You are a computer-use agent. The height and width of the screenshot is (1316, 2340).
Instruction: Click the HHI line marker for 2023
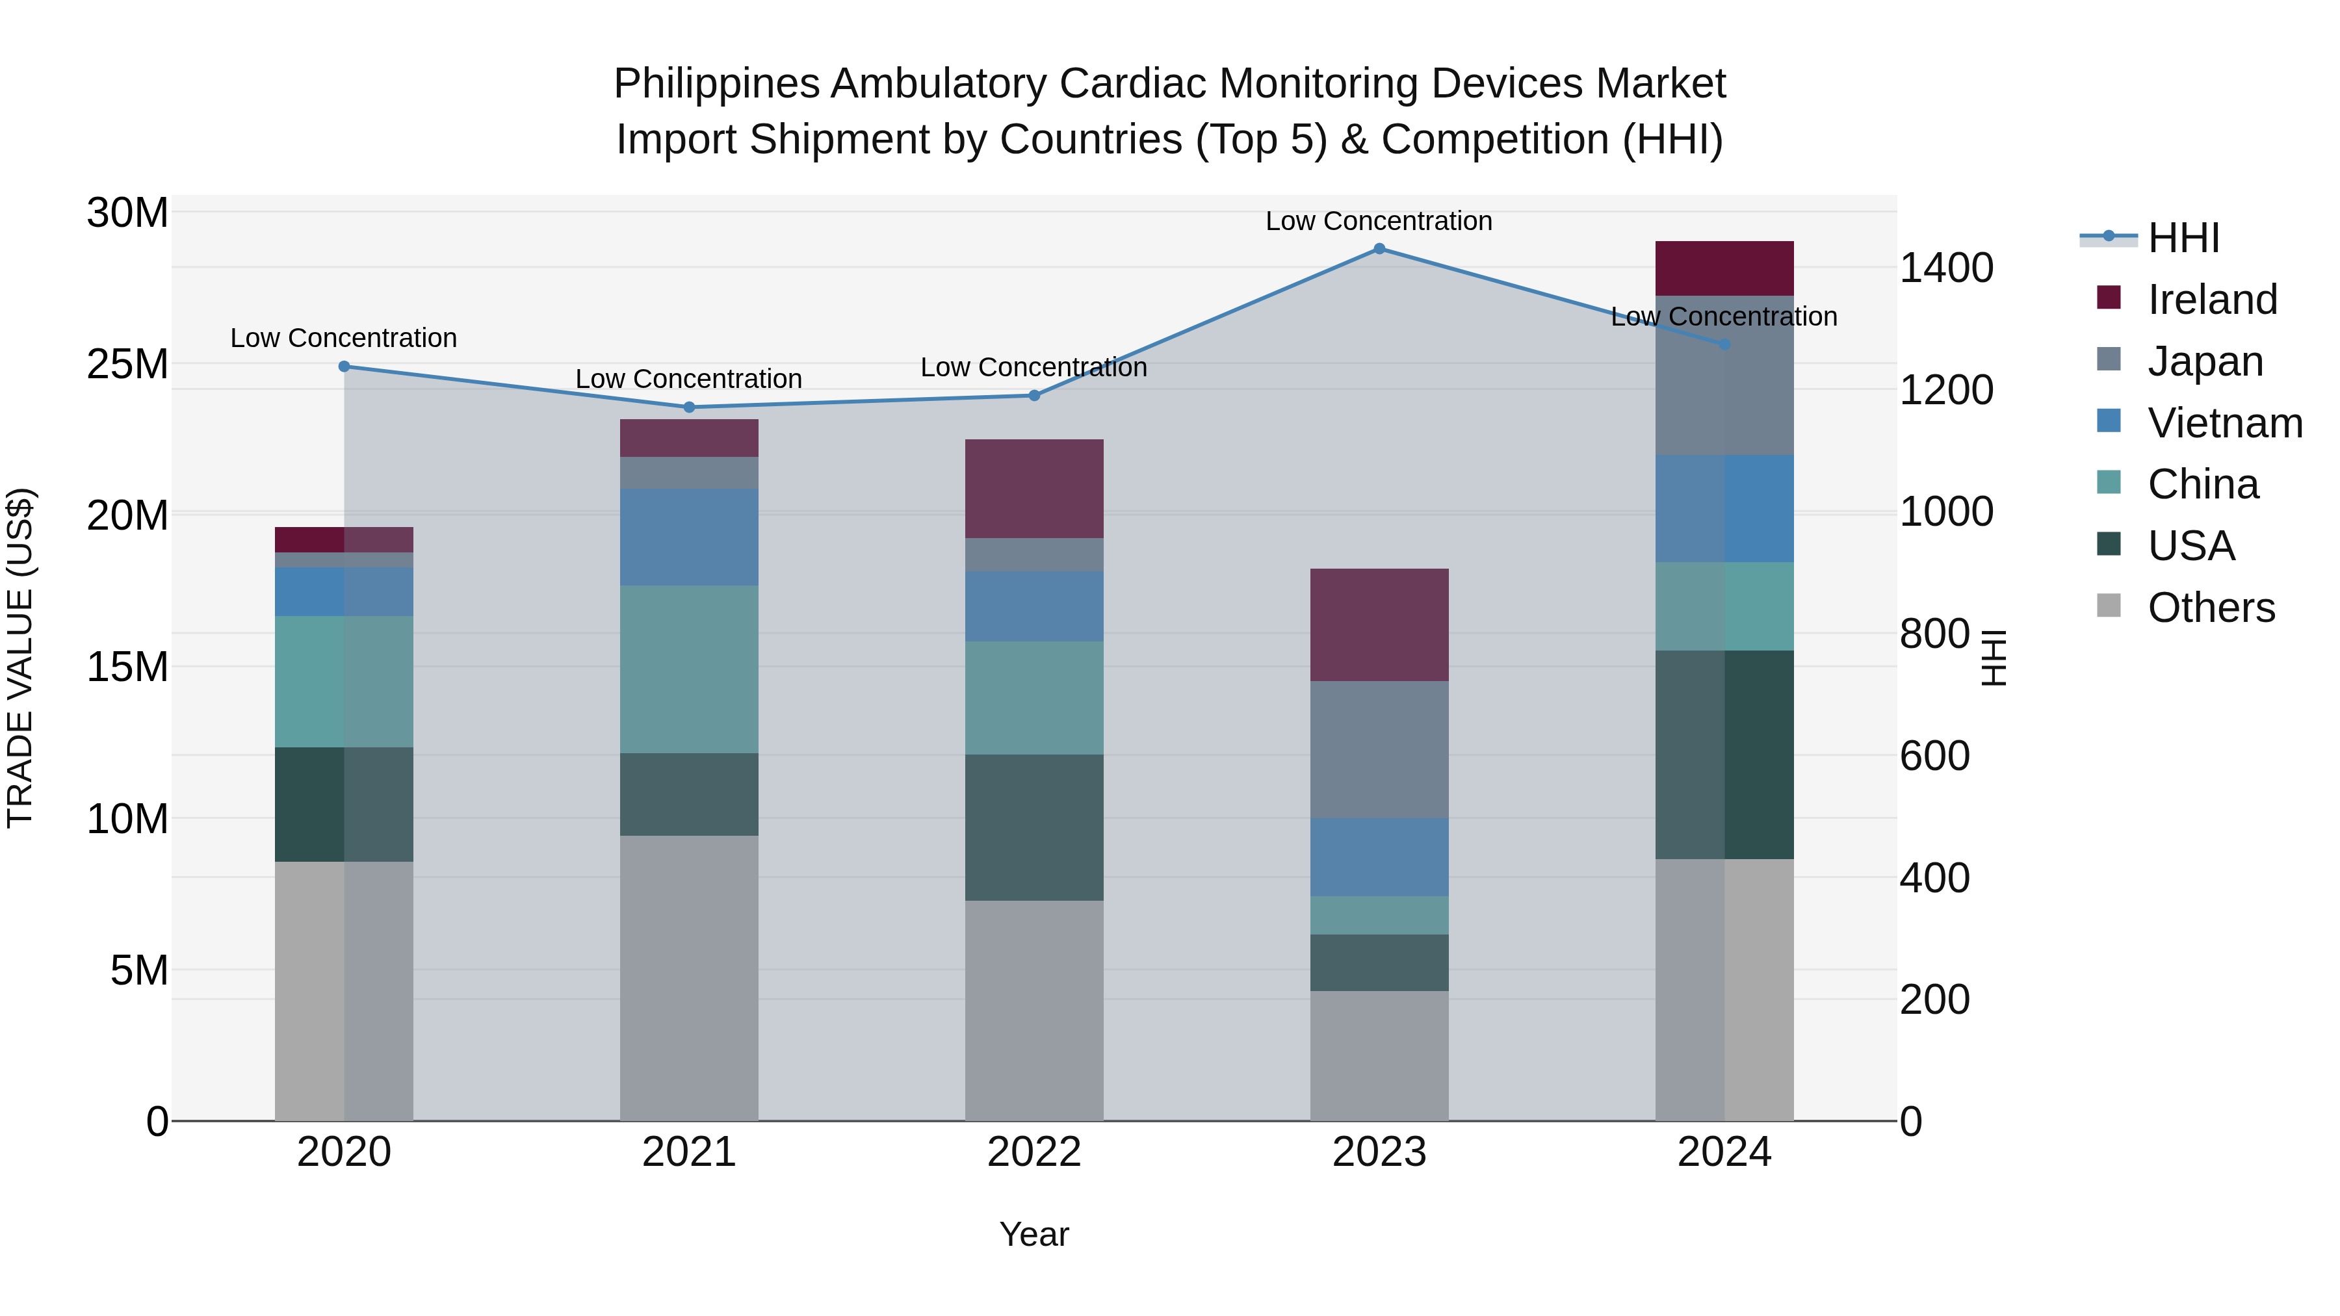tap(1379, 249)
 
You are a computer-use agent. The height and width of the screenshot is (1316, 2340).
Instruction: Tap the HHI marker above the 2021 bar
tap(688, 407)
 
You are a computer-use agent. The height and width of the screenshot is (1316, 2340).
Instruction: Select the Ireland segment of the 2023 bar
tap(1379, 625)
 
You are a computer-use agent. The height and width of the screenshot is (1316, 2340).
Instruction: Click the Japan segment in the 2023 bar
tap(1379, 749)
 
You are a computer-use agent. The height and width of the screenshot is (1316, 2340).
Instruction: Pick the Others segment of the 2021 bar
tap(688, 978)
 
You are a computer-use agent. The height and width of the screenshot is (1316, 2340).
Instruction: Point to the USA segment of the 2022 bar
tap(1033, 827)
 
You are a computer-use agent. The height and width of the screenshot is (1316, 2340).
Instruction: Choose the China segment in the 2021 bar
tap(688, 669)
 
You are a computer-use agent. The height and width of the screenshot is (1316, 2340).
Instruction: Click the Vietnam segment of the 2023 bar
tap(1379, 857)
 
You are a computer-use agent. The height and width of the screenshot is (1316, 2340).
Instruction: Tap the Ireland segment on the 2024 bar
tap(1724, 269)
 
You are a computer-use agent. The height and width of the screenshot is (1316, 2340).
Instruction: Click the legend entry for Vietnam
tap(2224, 423)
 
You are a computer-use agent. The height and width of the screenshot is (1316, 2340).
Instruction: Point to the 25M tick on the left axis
tap(127, 364)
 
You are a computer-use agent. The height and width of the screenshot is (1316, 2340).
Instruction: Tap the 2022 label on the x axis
tap(1033, 1152)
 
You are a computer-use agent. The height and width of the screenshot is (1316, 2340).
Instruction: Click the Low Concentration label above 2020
tap(343, 338)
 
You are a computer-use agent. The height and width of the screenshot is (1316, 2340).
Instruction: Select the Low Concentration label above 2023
tap(1379, 221)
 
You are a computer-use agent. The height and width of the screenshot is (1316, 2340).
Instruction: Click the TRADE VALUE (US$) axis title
tap(20, 658)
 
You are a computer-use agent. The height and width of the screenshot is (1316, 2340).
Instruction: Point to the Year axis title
tap(1033, 1234)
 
